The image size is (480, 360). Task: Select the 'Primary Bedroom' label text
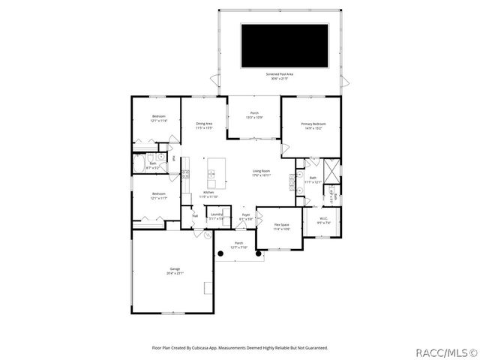[x=313, y=124]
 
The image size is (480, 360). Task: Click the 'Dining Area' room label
[x=204, y=124]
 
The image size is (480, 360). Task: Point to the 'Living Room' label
[x=262, y=172]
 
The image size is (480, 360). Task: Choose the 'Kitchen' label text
[x=209, y=193]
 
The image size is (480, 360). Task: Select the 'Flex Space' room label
[x=281, y=226]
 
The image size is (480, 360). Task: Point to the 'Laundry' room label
[x=216, y=216]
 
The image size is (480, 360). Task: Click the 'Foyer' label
[x=245, y=216]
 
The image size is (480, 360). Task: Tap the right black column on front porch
[x=259, y=254]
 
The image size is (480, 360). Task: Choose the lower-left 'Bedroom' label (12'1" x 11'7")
[x=158, y=196]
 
